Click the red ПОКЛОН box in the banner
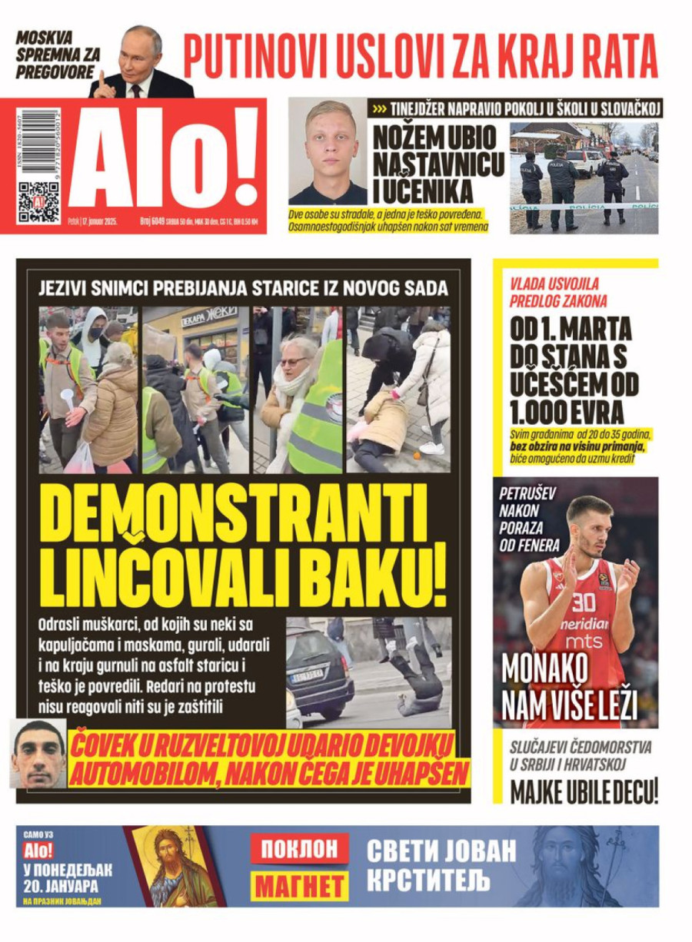click(x=300, y=849)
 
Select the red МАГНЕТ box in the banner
click(x=300, y=886)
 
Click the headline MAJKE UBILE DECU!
click(x=584, y=791)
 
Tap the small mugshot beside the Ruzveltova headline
click(x=38, y=754)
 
